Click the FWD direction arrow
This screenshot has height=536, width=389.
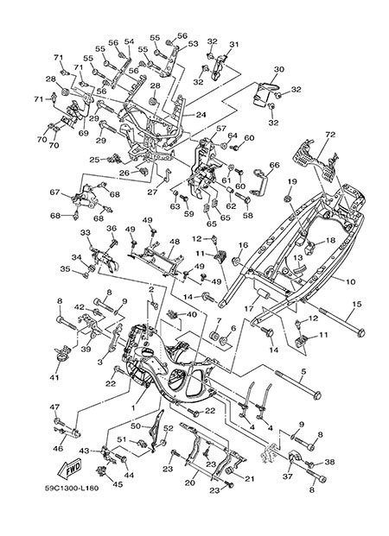coord(70,468)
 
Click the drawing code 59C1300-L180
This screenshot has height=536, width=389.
coord(72,489)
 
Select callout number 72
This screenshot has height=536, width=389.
coord(330,135)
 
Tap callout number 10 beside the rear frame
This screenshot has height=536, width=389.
coord(351,282)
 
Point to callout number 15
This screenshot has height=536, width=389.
coord(357,304)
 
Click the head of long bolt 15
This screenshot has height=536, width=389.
coord(360,332)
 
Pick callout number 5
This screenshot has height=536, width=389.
coord(303,371)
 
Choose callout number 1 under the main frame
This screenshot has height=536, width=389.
coord(134,407)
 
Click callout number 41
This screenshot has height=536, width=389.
coord(54,378)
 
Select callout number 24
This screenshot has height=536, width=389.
coord(201,115)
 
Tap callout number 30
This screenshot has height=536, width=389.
coord(279,69)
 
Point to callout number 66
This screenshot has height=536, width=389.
coord(274,165)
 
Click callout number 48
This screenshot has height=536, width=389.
coord(175,242)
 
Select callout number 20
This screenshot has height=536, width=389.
coord(189,482)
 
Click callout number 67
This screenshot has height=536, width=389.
coord(55,192)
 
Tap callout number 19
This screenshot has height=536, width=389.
coord(291,181)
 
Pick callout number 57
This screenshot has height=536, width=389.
coord(221,129)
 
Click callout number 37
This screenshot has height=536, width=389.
coord(288,476)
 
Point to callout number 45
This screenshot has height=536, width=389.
coord(118,485)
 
